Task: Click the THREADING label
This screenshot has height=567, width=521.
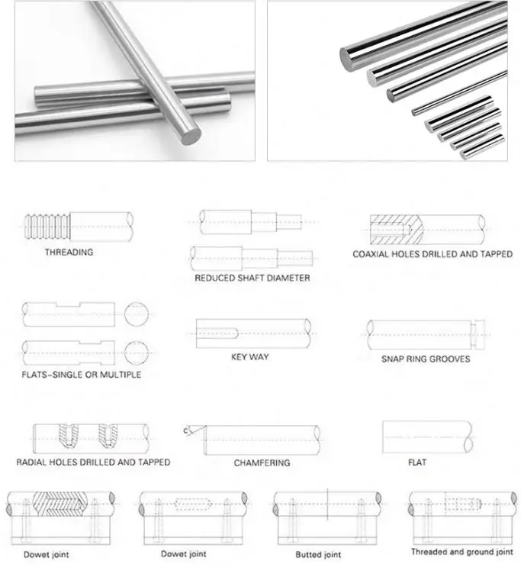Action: [69, 253]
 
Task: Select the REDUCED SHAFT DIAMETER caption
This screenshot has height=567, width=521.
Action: [252, 278]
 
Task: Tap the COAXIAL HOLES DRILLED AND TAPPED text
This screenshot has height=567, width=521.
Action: [432, 254]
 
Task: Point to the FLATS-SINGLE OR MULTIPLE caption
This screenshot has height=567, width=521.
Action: [82, 375]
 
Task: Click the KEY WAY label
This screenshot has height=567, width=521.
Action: [249, 356]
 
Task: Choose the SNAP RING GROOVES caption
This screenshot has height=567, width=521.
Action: [426, 359]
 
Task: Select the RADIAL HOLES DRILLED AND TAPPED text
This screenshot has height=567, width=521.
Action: [93, 462]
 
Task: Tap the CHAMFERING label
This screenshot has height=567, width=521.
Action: [262, 463]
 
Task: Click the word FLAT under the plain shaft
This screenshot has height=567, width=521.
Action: [417, 462]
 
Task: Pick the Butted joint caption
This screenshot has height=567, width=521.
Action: [317, 555]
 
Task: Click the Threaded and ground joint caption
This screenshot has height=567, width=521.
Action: [462, 552]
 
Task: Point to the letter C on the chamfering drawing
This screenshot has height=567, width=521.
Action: [185, 432]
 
